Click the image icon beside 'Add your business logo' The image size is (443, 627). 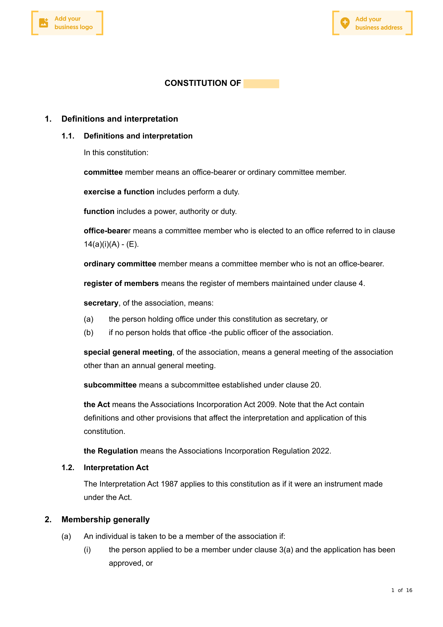tap(43, 23)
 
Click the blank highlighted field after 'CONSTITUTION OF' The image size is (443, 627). tap(261, 84)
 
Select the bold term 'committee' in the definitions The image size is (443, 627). tap(103, 172)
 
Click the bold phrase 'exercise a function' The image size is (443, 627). tap(119, 192)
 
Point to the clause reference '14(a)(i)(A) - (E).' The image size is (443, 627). tap(111, 244)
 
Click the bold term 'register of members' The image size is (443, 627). tap(121, 283)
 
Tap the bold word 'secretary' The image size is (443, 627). tap(101, 303)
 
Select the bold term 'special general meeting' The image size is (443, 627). tap(128, 352)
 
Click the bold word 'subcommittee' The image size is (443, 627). tap(110, 385)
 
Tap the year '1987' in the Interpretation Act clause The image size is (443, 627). tap(169, 484)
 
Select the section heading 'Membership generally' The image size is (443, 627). tap(105, 520)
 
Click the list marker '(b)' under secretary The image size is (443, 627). tap(89, 333)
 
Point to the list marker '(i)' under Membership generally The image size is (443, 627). tap(87, 550)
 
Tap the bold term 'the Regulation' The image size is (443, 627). tap(111, 451)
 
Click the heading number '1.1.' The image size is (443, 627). tap(68, 136)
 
